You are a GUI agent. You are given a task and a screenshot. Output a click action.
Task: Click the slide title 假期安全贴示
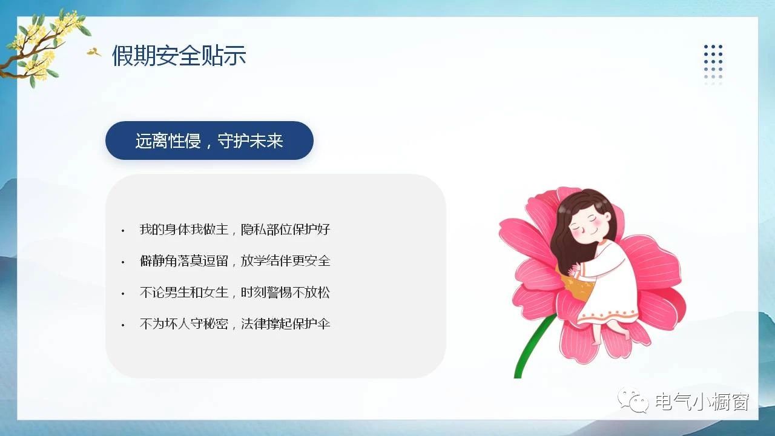coord(179,55)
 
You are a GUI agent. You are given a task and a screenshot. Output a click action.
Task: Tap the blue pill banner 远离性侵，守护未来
coord(209,140)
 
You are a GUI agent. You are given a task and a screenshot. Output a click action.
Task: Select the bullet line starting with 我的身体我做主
coord(235,230)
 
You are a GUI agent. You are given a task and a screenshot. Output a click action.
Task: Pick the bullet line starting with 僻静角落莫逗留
coord(235,261)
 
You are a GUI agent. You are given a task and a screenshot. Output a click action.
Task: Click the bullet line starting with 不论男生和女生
coord(235,292)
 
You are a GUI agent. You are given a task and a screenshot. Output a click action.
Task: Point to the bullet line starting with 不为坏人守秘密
coord(235,324)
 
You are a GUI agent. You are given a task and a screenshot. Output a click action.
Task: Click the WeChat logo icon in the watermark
coord(633,400)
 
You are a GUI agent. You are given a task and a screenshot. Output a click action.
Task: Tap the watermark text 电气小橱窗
coord(702,401)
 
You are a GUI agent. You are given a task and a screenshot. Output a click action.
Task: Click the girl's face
coord(588,224)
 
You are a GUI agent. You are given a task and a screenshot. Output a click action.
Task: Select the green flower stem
coord(531,346)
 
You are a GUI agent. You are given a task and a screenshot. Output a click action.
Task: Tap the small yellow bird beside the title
coord(93,52)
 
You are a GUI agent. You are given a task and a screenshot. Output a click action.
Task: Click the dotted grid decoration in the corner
coord(713,65)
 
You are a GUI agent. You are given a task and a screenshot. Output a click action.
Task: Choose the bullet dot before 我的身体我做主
coord(123,231)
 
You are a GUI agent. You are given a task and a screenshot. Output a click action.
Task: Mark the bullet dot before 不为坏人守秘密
coord(123,325)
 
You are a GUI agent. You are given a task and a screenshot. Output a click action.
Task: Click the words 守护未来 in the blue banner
coord(250,140)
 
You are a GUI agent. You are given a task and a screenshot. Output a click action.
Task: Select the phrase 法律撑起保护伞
coord(285,324)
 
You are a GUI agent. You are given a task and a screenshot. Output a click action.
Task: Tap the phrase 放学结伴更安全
coord(285,261)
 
